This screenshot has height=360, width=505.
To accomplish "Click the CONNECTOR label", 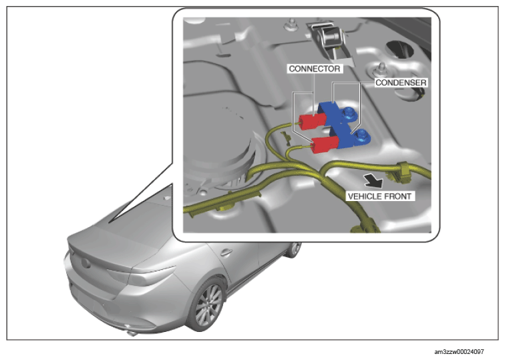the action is pyautogui.click(x=315, y=69).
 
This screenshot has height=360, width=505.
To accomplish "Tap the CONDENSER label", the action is pyautogui.click(x=401, y=83).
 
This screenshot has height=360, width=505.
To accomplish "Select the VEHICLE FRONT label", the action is pyautogui.click(x=380, y=196).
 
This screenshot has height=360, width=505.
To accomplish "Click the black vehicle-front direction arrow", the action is pyautogui.click(x=373, y=181).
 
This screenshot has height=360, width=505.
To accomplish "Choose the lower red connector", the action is pyautogui.click(x=325, y=144).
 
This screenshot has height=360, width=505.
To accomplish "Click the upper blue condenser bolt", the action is pyautogui.click(x=349, y=114).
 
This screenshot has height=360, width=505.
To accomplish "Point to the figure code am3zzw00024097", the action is pyautogui.click(x=459, y=351).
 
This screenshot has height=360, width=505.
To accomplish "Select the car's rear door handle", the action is pyautogui.click(x=226, y=252).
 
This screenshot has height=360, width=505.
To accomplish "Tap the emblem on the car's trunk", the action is pyautogui.click(x=86, y=262).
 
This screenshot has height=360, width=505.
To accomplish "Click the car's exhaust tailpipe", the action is pyautogui.click(x=132, y=333).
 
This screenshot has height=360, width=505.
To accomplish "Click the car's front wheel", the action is pyautogui.click(x=294, y=250).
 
